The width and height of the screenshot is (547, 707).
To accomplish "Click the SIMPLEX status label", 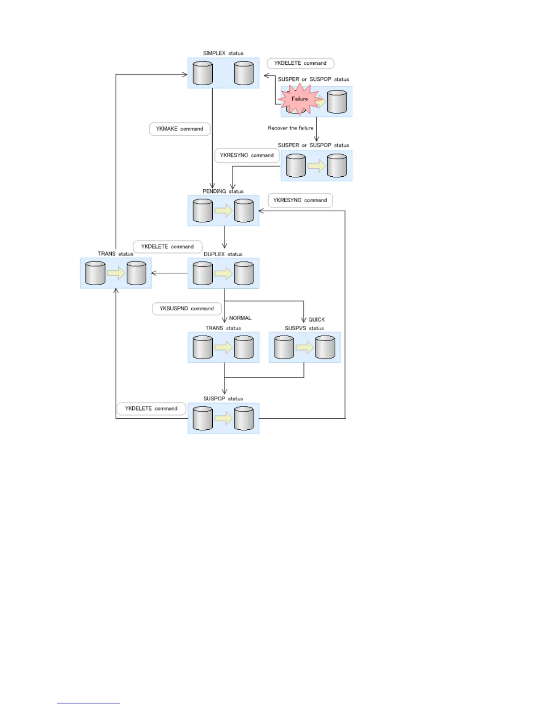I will coord(223,53).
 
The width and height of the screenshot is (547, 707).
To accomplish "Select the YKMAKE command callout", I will coord(180,129).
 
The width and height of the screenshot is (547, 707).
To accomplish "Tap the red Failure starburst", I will coord(299,99).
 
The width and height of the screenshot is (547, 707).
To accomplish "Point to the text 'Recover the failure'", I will coord(290,128).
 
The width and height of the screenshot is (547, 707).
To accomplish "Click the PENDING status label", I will coord(223,191).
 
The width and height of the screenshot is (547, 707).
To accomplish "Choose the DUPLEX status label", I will coord(223,254).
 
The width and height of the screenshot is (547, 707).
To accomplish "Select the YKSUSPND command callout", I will coord(187,308).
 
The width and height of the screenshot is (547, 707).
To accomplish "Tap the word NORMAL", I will coord(240,318).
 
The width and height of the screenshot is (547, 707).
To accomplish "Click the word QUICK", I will coord(316,320).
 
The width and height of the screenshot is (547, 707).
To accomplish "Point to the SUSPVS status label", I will coord(304,328).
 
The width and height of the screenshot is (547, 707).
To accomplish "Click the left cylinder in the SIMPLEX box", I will coord(202,73).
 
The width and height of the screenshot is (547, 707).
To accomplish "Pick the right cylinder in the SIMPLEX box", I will coord(244,73).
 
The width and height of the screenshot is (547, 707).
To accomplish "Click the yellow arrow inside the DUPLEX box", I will coord(223,273).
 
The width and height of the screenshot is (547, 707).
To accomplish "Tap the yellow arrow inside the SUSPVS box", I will coord(305,347).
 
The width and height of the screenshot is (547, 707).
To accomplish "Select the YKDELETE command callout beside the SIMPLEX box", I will coord(300,63).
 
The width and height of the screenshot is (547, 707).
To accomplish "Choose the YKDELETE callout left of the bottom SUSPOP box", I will coord(151,408).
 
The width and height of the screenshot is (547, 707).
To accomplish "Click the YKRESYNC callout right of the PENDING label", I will coord(300,200).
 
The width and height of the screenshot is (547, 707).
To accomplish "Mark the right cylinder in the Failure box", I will coord(337,102).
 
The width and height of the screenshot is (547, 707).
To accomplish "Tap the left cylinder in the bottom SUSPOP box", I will coord(202,418).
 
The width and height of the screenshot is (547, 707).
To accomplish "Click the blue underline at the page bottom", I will coord(88,703).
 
